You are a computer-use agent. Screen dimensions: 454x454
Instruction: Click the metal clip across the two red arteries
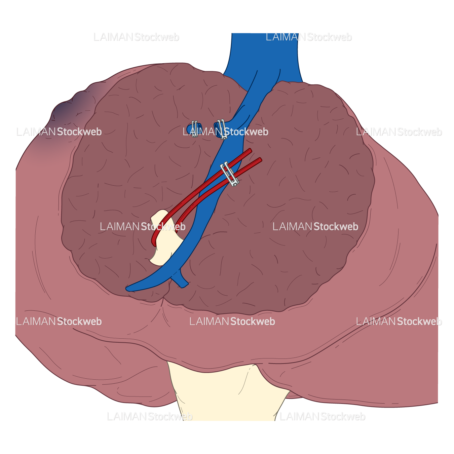coord(230,174)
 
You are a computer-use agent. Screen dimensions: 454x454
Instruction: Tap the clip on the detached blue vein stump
coord(194,128)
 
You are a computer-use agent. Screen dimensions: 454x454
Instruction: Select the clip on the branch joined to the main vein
coord(221,129)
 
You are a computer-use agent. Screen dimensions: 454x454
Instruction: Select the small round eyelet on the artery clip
coord(237,184)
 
